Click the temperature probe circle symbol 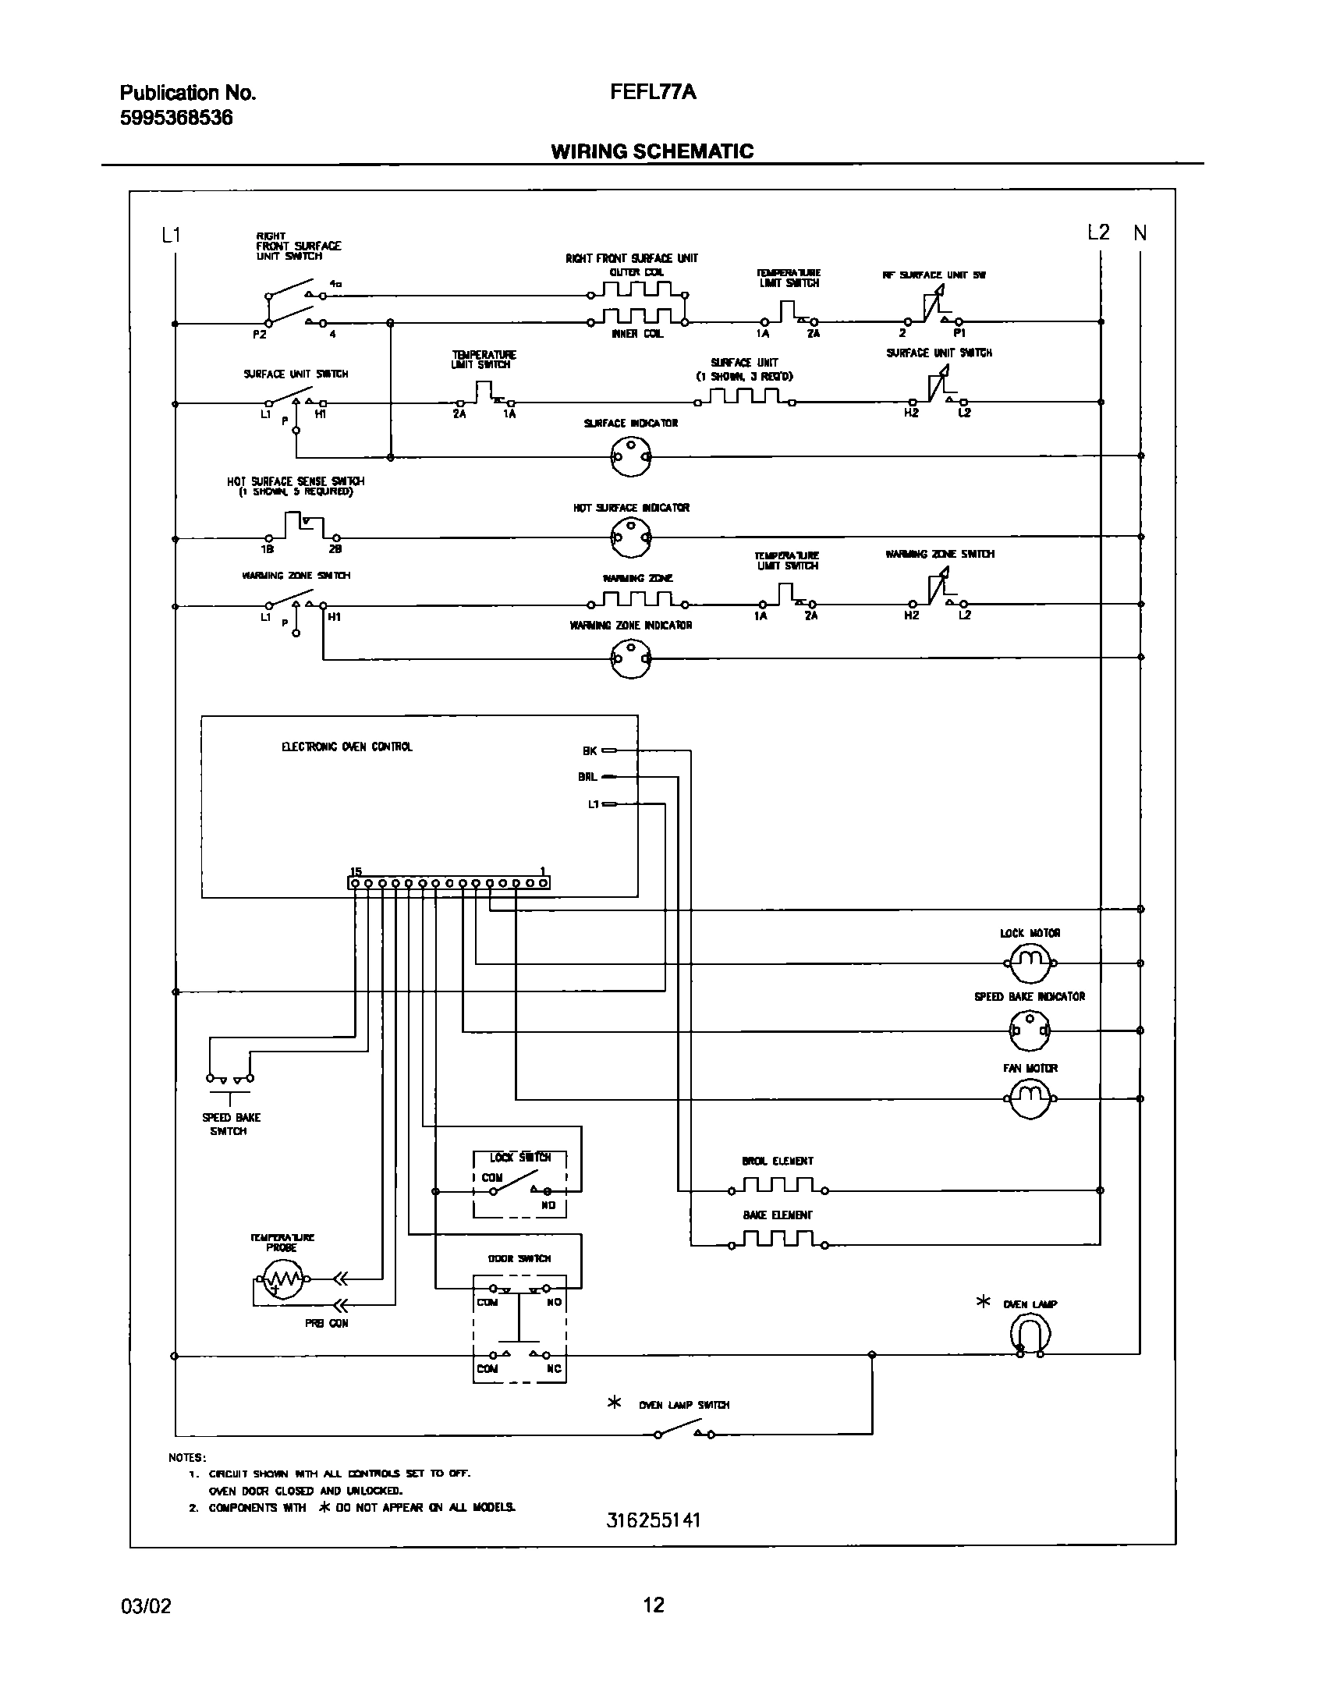click(x=281, y=1279)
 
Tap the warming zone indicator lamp click(x=630, y=658)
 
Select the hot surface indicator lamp click(x=630, y=537)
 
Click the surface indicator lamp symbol click(x=630, y=457)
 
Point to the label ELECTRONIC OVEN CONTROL click(x=346, y=747)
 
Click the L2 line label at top click(x=1097, y=232)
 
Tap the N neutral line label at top click(x=1140, y=232)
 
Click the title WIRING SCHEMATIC click(x=652, y=151)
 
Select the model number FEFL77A click(x=652, y=93)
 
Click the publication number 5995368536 click(x=176, y=118)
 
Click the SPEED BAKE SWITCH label click(x=231, y=1124)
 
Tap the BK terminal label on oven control click(x=590, y=750)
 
